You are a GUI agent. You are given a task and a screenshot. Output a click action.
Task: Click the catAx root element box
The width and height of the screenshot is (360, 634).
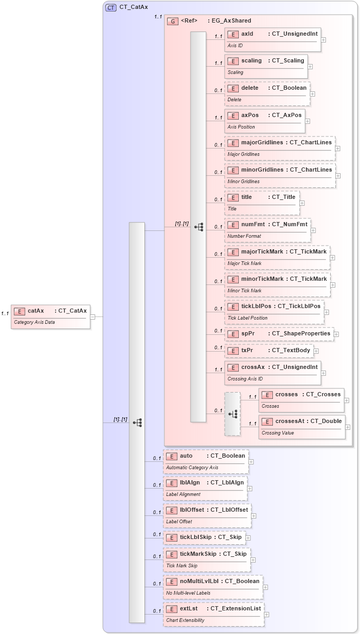coord(50,316)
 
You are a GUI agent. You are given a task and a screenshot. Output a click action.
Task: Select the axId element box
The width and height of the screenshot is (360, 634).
coord(272,39)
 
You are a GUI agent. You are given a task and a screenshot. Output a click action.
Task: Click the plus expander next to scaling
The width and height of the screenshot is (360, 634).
coord(310,67)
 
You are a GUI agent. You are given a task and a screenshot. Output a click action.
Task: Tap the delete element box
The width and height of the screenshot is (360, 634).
coord(267,93)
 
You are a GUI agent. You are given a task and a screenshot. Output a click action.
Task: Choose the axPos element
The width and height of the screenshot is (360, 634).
coord(264,121)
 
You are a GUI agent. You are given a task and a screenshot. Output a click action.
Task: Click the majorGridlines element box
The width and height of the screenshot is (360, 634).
coord(280,148)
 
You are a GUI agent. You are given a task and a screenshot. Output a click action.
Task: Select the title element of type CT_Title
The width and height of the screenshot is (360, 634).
coord(262,203)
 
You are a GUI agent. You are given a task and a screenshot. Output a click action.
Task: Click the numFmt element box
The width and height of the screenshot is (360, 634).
coord(267,230)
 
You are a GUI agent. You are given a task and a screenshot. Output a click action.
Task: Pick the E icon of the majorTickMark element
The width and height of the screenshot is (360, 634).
coord(233,252)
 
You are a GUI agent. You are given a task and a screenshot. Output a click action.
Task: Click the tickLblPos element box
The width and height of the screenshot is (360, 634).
coord(273,312)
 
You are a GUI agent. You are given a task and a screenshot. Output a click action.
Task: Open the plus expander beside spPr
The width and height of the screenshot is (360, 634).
coord(336,334)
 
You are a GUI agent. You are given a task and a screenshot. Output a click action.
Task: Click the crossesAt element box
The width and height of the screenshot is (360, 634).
coord(302,426)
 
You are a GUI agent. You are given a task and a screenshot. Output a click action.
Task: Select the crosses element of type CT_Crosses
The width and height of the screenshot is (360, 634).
coord(301,399)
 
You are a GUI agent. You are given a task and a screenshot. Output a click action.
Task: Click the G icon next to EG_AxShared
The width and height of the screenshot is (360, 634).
coord(173,21)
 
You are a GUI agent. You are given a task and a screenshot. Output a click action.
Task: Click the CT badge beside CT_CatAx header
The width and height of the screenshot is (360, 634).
coord(111,7)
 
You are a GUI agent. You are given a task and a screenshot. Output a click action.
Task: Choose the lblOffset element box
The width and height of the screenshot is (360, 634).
coord(207,515)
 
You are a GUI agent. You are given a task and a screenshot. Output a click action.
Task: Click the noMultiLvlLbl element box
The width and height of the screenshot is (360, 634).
coord(213,586)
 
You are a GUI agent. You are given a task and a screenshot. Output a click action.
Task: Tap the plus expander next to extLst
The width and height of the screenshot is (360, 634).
coord(267,614)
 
